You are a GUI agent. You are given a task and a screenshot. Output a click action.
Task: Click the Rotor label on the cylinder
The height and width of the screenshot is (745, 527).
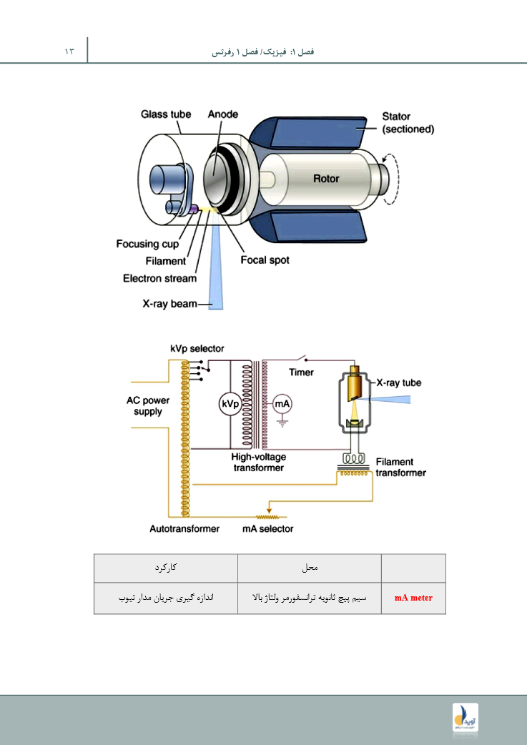[x=326, y=179]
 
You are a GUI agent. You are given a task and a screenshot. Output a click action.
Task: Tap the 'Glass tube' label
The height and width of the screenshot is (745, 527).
[x=165, y=114]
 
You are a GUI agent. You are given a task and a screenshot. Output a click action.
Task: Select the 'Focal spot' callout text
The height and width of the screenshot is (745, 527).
[x=265, y=260]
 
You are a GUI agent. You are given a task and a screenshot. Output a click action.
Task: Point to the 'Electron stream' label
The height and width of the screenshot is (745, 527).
[x=159, y=279]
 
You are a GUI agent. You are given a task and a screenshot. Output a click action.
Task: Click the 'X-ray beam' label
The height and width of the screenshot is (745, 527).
[x=168, y=305]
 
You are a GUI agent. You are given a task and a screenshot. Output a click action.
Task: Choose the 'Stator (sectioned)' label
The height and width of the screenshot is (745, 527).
[x=408, y=123]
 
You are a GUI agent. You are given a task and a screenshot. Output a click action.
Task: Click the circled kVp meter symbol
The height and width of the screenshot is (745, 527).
[x=229, y=405]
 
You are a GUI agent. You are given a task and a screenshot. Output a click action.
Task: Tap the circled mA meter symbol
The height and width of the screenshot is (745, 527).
[x=282, y=405]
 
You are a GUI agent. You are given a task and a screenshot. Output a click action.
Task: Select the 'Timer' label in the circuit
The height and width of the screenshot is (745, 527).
[x=301, y=372]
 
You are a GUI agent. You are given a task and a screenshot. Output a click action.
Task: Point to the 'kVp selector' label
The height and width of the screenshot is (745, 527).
[x=197, y=348]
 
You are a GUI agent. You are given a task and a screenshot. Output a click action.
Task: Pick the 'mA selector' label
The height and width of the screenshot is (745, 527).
[x=267, y=529]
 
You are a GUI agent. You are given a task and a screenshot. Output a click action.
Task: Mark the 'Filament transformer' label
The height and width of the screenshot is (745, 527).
[x=400, y=468]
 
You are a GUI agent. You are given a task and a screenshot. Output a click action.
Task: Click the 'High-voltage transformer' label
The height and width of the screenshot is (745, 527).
[x=258, y=462]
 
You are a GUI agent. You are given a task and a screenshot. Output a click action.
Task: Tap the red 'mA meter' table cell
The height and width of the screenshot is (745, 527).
[x=413, y=598]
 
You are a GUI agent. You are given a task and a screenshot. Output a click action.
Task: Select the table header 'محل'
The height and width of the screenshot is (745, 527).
[x=310, y=568]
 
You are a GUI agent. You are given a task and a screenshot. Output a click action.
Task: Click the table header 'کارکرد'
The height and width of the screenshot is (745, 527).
[x=165, y=568]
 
